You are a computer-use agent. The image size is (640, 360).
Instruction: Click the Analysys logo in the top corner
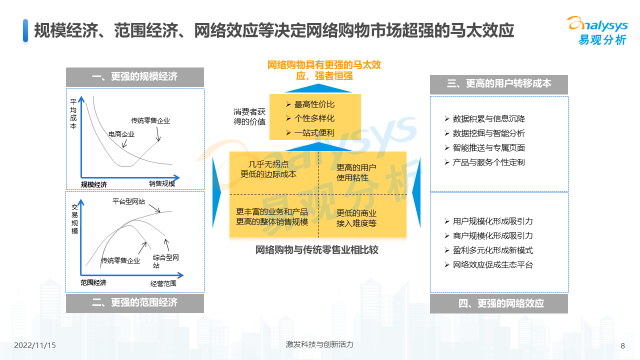(x=597, y=30)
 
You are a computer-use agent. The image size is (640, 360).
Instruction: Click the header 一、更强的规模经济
(x=135, y=76)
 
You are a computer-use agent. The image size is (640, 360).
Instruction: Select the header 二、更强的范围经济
(x=135, y=302)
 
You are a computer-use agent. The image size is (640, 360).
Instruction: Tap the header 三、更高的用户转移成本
(x=499, y=83)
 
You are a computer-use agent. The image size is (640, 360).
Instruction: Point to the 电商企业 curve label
(x=121, y=134)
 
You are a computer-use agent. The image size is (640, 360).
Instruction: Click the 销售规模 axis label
(x=162, y=183)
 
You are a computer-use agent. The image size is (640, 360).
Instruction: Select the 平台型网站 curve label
(x=129, y=201)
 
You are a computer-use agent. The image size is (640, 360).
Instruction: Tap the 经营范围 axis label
(x=163, y=283)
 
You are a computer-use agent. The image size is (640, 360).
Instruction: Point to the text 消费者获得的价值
(x=249, y=116)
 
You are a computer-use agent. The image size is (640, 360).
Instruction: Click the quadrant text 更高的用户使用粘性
(x=356, y=172)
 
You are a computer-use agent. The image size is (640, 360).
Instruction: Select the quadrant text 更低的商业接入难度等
(x=356, y=218)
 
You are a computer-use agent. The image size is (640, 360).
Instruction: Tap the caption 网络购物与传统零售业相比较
(x=317, y=250)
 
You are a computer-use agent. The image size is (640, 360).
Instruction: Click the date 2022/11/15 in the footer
(x=35, y=345)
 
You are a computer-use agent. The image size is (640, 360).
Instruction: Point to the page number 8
(x=623, y=346)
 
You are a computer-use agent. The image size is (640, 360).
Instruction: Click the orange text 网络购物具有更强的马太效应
(x=324, y=70)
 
